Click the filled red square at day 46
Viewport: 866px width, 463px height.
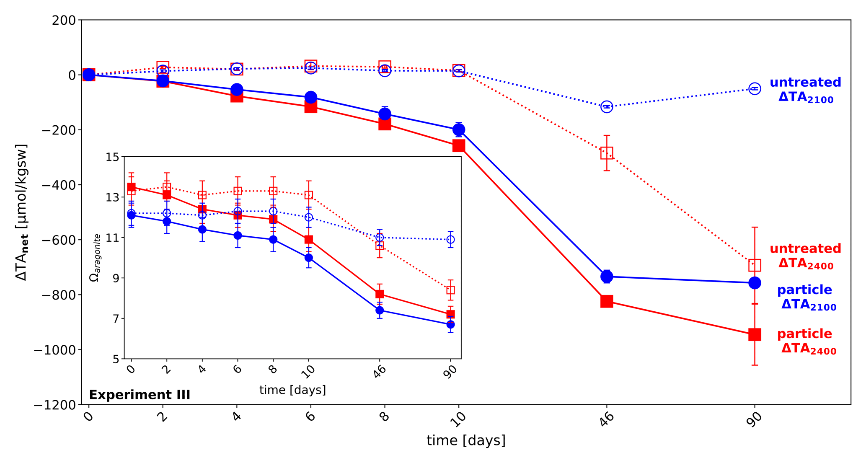[x=606, y=301]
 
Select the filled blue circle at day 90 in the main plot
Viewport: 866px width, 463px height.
[x=754, y=283]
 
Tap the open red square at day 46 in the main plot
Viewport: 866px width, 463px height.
[x=606, y=153]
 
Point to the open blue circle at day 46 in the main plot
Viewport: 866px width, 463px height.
[x=606, y=107]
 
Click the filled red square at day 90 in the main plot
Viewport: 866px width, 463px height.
[x=754, y=334]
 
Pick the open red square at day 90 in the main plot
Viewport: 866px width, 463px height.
[x=754, y=265]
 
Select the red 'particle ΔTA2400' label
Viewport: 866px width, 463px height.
[x=805, y=341]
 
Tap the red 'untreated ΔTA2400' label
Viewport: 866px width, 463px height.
[x=805, y=256]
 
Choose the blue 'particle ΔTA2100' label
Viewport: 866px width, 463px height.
[x=805, y=297]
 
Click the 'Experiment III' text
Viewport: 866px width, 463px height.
[x=140, y=395]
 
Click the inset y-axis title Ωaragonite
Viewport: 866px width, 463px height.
[x=96, y=258]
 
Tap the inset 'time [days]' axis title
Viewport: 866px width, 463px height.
[x=292, y=390]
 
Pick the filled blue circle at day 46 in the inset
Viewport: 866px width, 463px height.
[x=380, y=310]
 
